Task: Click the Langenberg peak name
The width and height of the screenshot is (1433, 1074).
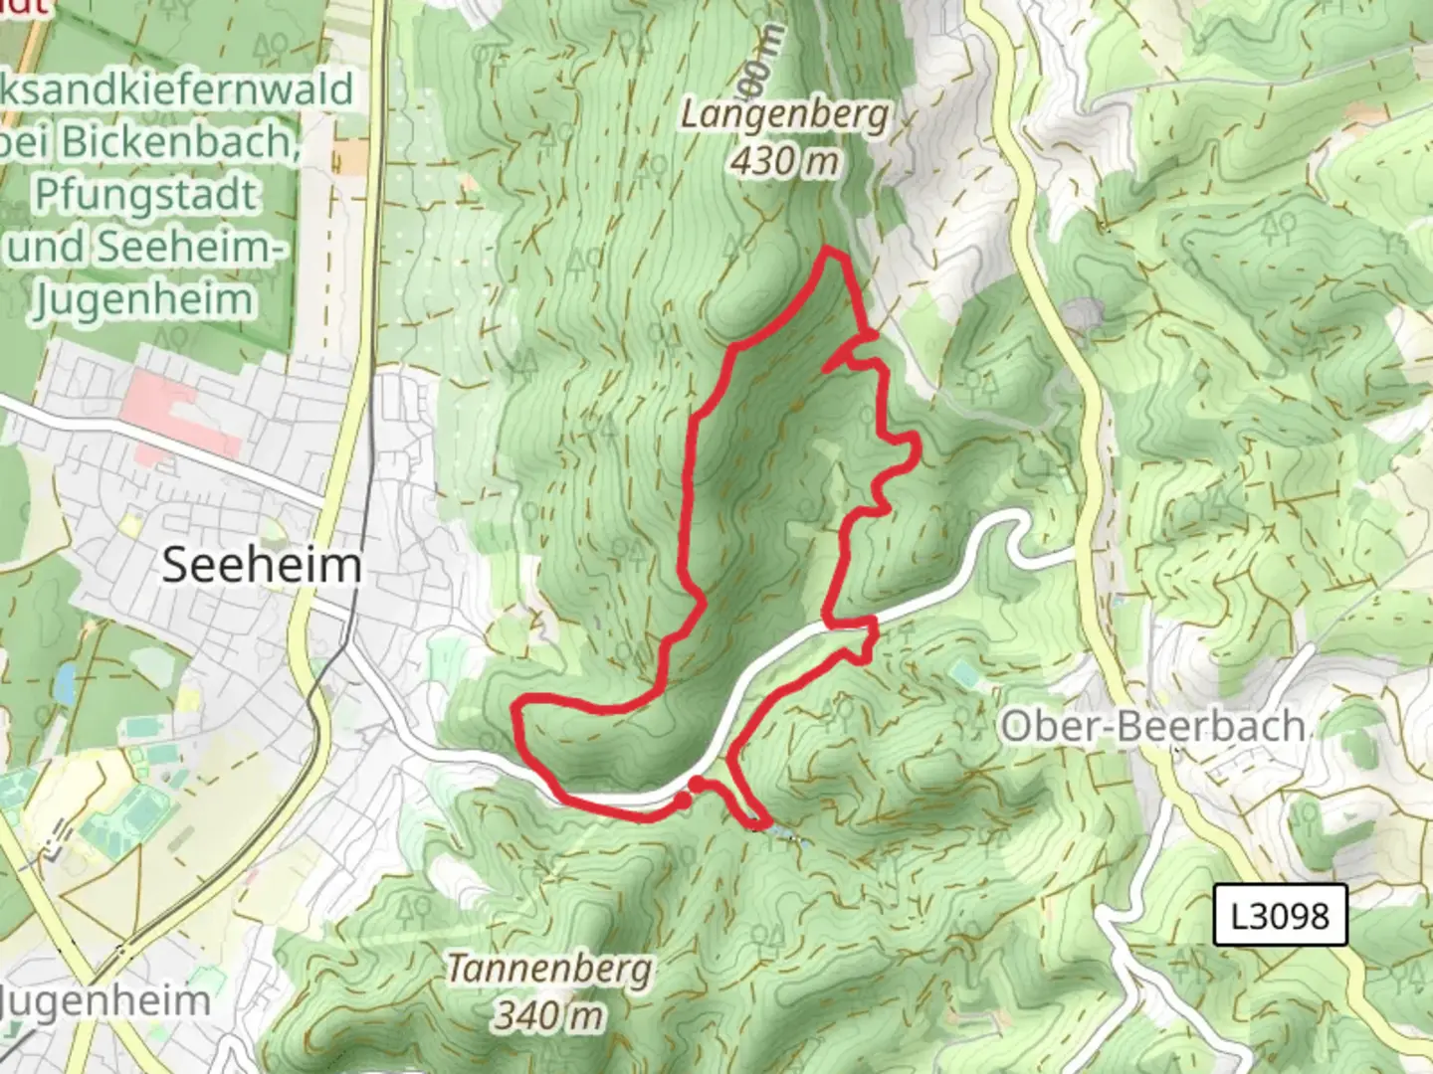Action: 784,115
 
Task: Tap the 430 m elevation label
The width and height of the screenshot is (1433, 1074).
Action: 784,160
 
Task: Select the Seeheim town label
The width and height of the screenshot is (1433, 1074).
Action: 261,566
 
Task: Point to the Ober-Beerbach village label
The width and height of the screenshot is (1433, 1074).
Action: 1152,726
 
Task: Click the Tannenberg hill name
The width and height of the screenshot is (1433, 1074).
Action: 549,968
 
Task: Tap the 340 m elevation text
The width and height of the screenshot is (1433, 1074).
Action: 549,1015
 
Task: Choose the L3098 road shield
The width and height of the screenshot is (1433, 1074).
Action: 1280,914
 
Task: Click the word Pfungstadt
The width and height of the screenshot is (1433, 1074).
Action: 145,194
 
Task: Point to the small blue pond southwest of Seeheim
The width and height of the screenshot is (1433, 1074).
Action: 65,683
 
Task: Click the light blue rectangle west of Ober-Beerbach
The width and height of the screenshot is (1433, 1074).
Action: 962,674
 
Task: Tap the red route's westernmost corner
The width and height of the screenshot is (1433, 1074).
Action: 516,709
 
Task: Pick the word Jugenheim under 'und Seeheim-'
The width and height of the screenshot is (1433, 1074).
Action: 143,299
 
